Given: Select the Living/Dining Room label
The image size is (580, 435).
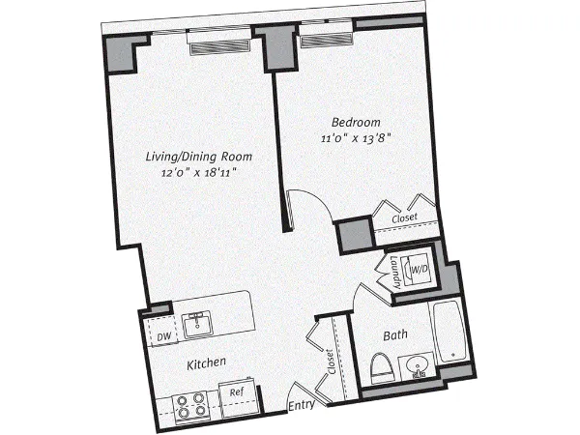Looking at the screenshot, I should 199,157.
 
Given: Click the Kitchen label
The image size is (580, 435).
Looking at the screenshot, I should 206,362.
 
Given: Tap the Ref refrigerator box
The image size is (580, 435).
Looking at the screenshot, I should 237,392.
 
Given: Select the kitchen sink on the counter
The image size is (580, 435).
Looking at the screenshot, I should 200,322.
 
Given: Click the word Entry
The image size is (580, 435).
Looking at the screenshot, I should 303,406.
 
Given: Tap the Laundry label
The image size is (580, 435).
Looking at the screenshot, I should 396,272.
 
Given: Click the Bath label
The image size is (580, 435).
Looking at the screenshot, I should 395,335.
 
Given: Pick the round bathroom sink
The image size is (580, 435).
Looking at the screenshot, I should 419,367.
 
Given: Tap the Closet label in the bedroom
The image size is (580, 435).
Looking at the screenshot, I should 405,219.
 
